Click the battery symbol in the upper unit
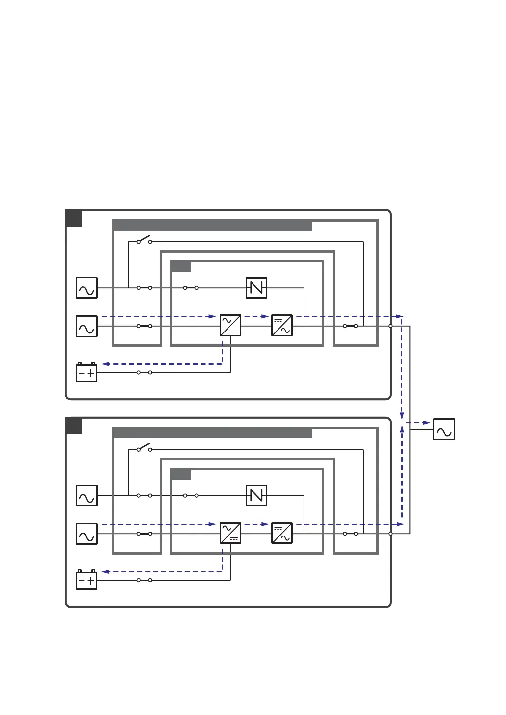pos(87,372)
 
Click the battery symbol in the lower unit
pos(87,580)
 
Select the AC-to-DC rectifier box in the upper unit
pos(230,325)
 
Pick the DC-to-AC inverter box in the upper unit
pos(282,325)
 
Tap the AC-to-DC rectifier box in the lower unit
pos(230,533)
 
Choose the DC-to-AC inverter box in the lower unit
pos(282,533)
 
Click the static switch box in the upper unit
pos(256,288)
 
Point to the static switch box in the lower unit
pos(256,496)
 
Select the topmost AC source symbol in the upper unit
pos(87,288)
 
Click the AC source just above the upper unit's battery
pos(87,326)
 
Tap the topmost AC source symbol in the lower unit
pos(87,495)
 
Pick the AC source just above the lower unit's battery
pos(87,534)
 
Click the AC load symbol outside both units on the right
pos(444,430)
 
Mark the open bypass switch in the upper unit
pos(144,240)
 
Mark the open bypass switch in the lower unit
pos(144,448)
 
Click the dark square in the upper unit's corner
pos(74,218)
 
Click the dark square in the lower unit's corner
pos(74,426)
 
